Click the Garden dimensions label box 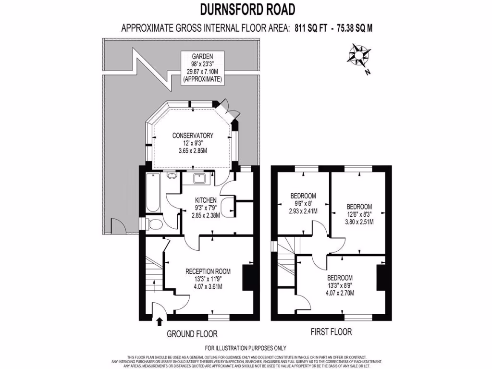click(x=202, y=68)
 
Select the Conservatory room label click(x=193, y=143)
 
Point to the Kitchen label click(x=205, y=208)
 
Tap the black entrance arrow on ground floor click(x=160, y=321)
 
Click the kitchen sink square click(x=199, y=179)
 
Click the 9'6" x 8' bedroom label click(x=303, y=203)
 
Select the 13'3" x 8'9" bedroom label click(x=340, y=285)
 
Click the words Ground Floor click(x=192, y=333)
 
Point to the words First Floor click(x=332, y=332)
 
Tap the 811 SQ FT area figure click(x=311, y=28)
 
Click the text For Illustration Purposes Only click(x=246, y=348)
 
